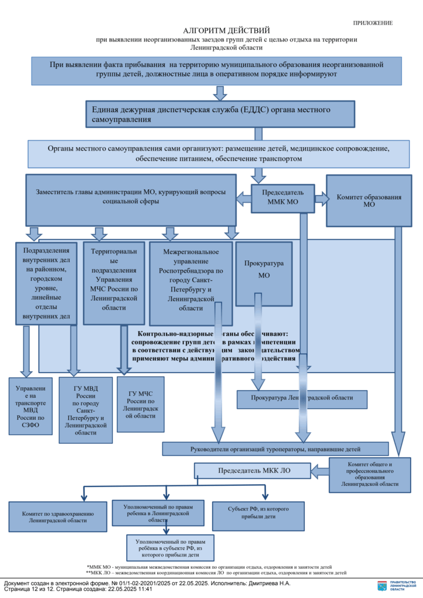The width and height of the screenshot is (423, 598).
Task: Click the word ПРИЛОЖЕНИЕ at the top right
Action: [x=373, y=23]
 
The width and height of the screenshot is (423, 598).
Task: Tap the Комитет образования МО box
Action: [x=369, y=201]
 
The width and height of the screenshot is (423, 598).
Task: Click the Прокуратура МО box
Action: [x=264, y=269]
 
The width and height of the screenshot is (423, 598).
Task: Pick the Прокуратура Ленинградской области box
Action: [x=302, y=398]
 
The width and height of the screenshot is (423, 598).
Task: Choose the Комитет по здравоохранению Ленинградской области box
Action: [x=58, y=516]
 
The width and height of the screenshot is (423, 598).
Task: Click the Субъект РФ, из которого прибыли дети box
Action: [x=251, y=513]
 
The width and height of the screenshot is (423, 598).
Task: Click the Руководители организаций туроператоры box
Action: [x=275, y=448]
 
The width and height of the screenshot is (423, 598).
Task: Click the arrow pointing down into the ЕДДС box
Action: [x=220, y=93]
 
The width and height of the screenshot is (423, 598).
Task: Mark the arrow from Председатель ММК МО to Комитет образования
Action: [x=321, y=199]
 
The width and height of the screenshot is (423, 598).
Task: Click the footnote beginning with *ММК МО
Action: [x=209, y=566]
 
